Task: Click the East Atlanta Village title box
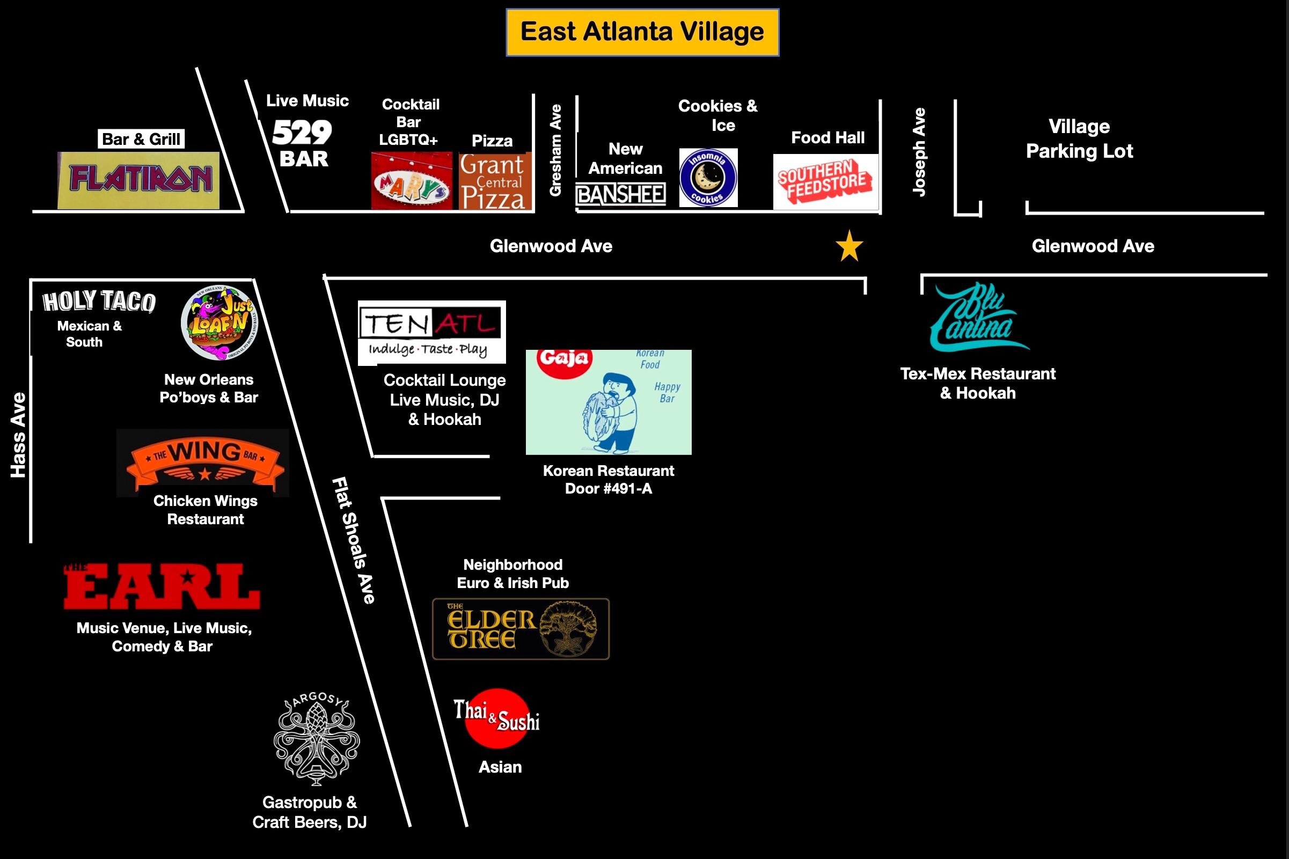[642, 32]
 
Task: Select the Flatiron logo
[139, 180]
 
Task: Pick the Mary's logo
[412, 181]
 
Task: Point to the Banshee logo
[621, 194]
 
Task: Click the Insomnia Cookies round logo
[708, 178]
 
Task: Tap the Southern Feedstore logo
[825, 181]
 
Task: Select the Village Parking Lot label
[1079, 138]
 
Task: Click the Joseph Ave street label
[919, 152]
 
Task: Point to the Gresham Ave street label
[555, 150]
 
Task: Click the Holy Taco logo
[99, 302]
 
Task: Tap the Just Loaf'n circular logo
[219, 323]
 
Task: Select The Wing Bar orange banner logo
[203, 464]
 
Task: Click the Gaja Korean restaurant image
[608, 402]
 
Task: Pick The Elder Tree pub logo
[521, 628]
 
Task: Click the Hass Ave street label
[19, 435]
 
